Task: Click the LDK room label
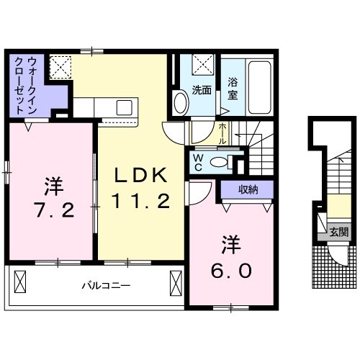pyautogui.click(x=142, y=175)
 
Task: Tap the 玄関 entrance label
pyautogui.click(x=339, y=232)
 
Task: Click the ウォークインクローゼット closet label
pyautogui.click(x=26, y=86)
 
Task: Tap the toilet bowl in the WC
pyautogui.click(x=220, y=162)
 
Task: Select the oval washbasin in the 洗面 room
pyautogui.click(x=180, y=102)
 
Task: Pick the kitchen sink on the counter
pyautogui.click(x=124, y=108)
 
